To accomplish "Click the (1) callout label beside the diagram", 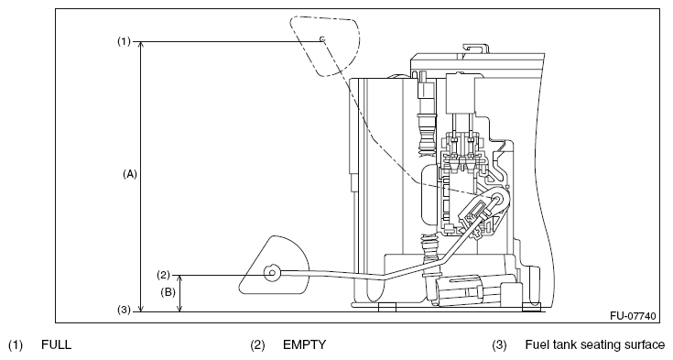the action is [x=124, y=41].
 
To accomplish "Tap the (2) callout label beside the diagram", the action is [x=163, y=275].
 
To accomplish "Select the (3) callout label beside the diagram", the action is [x=124, y=310].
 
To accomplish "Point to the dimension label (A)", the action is [x=130, y=174].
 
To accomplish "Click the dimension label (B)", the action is [x=168, y=292].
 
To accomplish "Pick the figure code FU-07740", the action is [x=633, y=316].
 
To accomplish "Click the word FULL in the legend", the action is [x=56, y=345].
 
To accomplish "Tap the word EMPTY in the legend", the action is [x=304, y=345].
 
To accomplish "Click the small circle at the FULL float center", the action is [x=322, y=39].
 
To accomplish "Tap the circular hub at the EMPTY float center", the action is [x=272, y=273].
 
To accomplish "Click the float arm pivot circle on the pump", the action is [x=498, y=198].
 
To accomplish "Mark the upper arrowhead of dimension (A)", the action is [x=140, y=46].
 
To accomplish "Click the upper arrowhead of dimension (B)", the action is [x=180, y=278].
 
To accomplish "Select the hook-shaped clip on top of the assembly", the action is [x=474, y=49].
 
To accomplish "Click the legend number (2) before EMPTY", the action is [x=257, y=345].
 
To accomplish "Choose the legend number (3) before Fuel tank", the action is [x=499, y=345].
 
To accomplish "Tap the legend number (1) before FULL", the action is [x=16, y=345].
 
